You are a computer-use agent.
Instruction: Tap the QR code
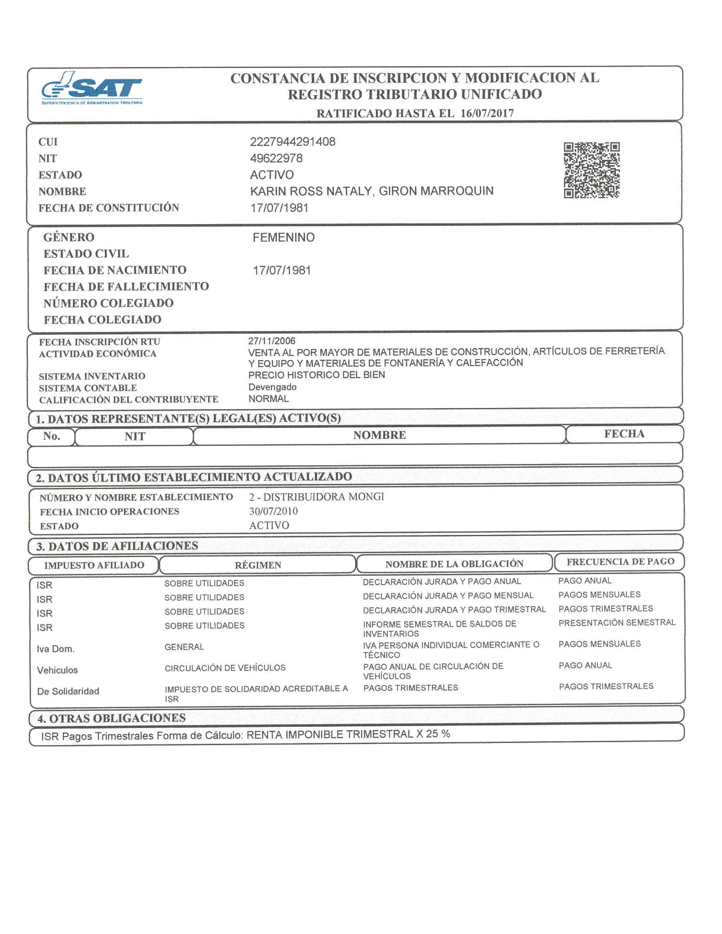(x=591, y=170)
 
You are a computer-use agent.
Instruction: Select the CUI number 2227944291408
(x=292, y=142)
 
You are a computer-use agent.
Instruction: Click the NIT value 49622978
(x=276, y=158)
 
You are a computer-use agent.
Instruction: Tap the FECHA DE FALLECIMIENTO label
(x=126, y=286)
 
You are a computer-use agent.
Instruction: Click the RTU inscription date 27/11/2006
(x=272, y=341)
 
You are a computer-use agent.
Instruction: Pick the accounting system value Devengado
(x=272, y=387)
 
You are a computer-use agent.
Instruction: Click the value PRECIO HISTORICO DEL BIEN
(x=317, y=375)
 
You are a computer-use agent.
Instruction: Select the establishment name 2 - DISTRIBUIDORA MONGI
(x=317, y=496)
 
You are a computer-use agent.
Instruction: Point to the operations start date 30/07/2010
(x=273, y=511)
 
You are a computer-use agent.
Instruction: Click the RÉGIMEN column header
(x=258, y=565)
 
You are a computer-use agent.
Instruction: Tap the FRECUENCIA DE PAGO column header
(x=620, y=562)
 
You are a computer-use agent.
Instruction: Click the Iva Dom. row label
(x=55, y=649)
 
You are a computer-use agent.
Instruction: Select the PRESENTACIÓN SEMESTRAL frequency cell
(x=617, y=623)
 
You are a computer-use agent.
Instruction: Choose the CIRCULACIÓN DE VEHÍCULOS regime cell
(x=225, y=668)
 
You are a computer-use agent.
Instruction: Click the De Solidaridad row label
(x=68, y=691)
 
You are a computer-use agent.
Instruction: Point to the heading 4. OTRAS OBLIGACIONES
(x=112, y=718)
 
